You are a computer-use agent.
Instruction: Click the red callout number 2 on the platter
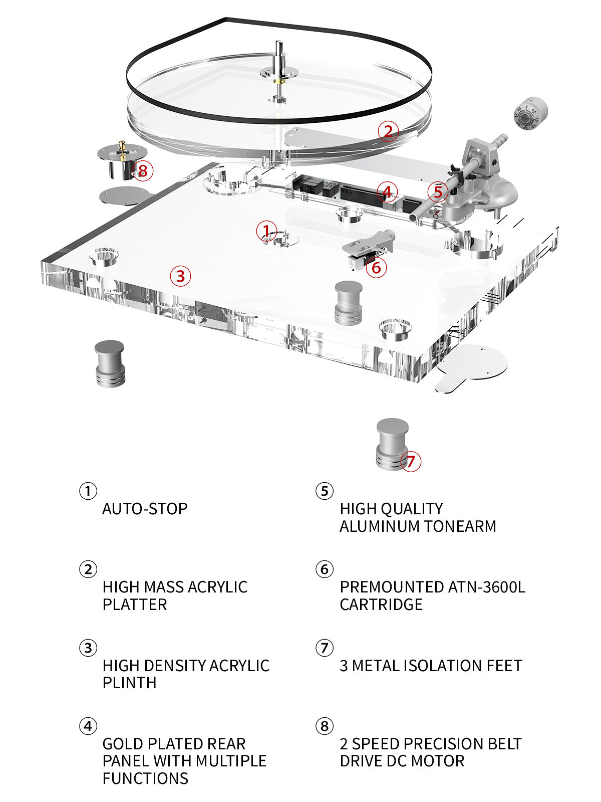coord(388,131)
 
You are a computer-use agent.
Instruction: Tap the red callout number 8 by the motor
coord(143,170)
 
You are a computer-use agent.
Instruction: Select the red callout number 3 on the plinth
coord(180,275)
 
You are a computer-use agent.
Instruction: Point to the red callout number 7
coord(411,461)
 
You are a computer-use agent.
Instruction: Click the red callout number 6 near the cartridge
coord(376,268)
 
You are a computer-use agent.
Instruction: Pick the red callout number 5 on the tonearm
coord(438,191)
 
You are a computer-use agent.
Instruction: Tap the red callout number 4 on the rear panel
coord(387,191)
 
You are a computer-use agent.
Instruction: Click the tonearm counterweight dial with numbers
coord(529,115)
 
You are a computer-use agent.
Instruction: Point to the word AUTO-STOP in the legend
coord(145,509)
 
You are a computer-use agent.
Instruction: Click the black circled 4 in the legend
coord(88,726)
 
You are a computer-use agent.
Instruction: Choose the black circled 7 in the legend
coord(325,648)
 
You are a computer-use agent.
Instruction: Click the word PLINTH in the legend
coord(129,683)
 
